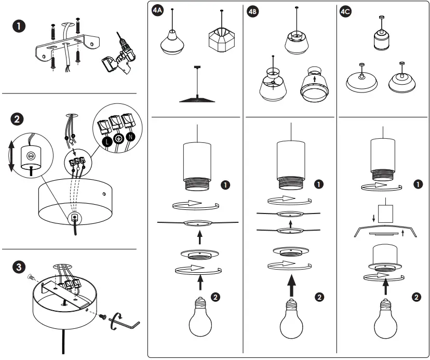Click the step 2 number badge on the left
18,119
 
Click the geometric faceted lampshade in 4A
221,40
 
